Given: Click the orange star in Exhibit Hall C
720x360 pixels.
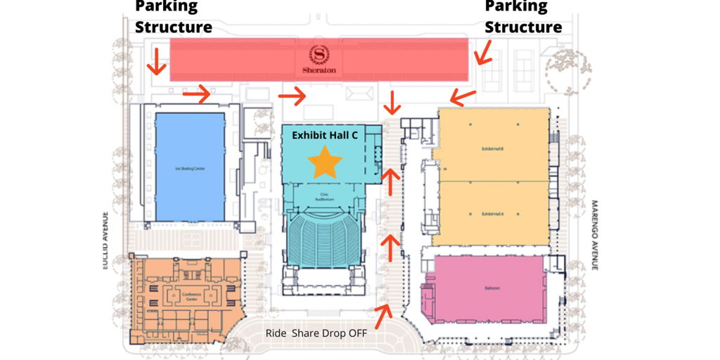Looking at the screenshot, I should (325, 162).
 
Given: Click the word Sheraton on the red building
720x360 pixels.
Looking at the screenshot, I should (319, 70).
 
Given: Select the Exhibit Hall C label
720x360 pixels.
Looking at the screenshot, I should (325, 135).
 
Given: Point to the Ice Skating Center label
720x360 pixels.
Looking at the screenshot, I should (188, 169).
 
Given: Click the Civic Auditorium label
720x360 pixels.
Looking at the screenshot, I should (325, 198).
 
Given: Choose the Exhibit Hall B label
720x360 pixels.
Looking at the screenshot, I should (492, 149).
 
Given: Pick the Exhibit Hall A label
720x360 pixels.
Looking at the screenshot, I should (492, 213).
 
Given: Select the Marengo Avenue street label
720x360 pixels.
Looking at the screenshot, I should (594, 236).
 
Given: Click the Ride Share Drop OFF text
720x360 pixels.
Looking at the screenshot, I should (316, 333).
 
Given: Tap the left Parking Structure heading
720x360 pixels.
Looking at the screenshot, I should (173, 17).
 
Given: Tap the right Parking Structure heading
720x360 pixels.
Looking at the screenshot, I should (523, 17).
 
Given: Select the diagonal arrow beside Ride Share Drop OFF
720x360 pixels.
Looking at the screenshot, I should (383, 316).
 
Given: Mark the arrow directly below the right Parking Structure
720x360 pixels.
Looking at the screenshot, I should (483, 52).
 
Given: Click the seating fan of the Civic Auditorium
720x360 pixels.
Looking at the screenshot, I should (324, 236).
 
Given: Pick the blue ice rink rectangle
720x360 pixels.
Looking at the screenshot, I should (189, 167).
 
